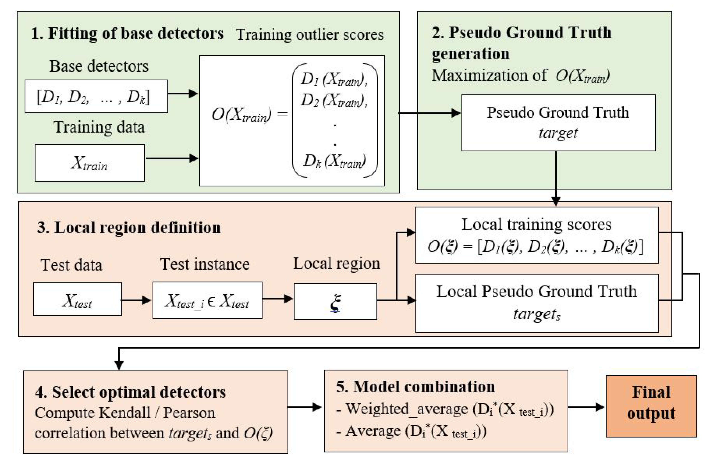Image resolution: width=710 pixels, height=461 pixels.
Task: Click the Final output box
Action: (x=651, y=406)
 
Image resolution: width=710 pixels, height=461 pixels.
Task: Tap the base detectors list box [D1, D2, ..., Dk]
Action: (x=96, y=96)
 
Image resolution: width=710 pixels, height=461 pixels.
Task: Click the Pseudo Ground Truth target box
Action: (x=558, y=123)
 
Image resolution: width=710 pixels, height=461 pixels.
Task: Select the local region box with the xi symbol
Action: (x=335, y=301)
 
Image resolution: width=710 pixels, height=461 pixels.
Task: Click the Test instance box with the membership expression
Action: (x=207, y=300)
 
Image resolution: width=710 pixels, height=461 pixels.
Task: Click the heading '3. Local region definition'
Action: (x=129, y=227)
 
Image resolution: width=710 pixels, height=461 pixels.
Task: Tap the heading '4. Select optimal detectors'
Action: (x=130, y=392)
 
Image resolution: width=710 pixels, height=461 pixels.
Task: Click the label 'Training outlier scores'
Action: (x=310, y=35)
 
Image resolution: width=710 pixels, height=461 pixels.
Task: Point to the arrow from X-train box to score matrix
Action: (x=172, y=158)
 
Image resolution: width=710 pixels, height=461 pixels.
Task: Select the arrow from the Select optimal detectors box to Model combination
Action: (x=304, y=407)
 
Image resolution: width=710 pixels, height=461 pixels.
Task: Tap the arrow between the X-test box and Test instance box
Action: (x=136, y=300)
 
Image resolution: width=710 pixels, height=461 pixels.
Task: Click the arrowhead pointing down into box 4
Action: (x=119, y=364)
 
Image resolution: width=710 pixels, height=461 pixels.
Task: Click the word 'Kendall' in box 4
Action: (x=125, y=413)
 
